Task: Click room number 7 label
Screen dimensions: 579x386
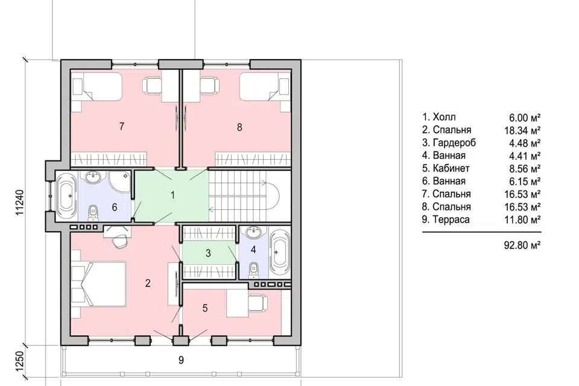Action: (122, 126)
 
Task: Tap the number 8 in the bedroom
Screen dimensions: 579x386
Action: (239, 127)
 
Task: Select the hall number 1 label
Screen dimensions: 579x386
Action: (172, 195)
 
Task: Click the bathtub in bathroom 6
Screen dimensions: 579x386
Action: (67, 197)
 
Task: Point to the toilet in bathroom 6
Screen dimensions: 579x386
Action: (93, 212)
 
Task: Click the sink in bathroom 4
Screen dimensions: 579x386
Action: (254, 233)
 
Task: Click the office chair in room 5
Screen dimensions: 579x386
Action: (258, 303)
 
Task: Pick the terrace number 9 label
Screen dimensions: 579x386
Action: (181, 360)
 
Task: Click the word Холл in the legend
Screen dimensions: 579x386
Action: (445, 117)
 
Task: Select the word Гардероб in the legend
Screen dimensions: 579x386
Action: (454, 142)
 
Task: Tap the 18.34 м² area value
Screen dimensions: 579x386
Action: (522, 130)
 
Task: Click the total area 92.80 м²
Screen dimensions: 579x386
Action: (522, 245)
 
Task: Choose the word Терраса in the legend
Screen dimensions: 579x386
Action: (451, 220)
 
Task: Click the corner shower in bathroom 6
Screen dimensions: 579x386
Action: (121, 182)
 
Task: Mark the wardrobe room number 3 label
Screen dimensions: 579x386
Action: (208, 253)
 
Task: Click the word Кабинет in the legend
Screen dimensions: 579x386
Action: (451, 168)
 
